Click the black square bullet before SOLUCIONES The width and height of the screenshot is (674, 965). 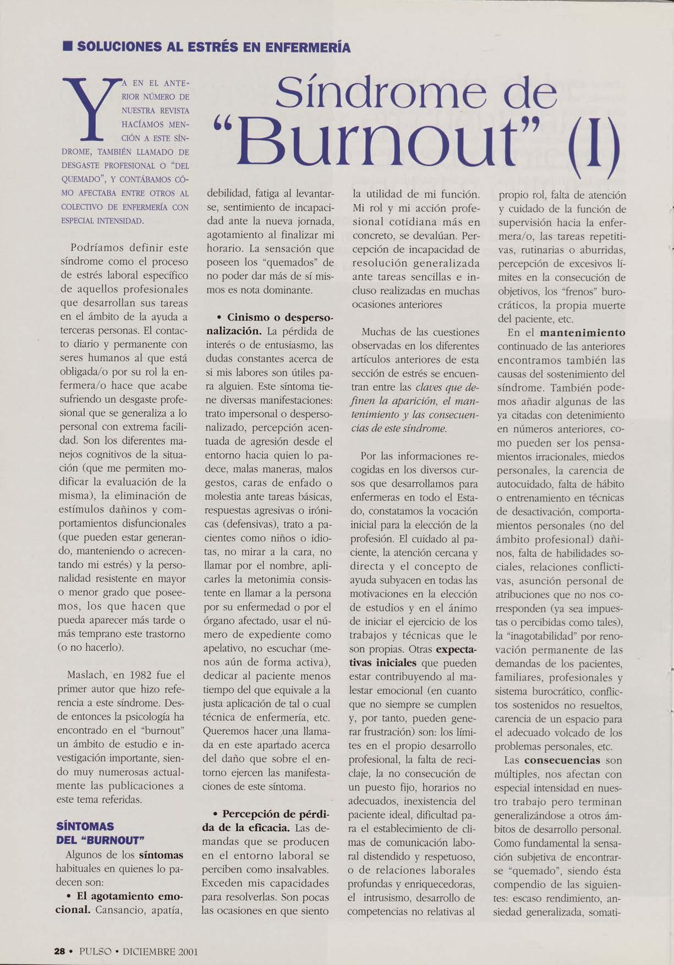[67, 47]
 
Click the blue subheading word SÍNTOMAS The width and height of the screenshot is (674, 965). [85, 826]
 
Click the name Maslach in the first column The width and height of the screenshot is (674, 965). [88, 675]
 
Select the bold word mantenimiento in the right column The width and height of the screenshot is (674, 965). [583, 333]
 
